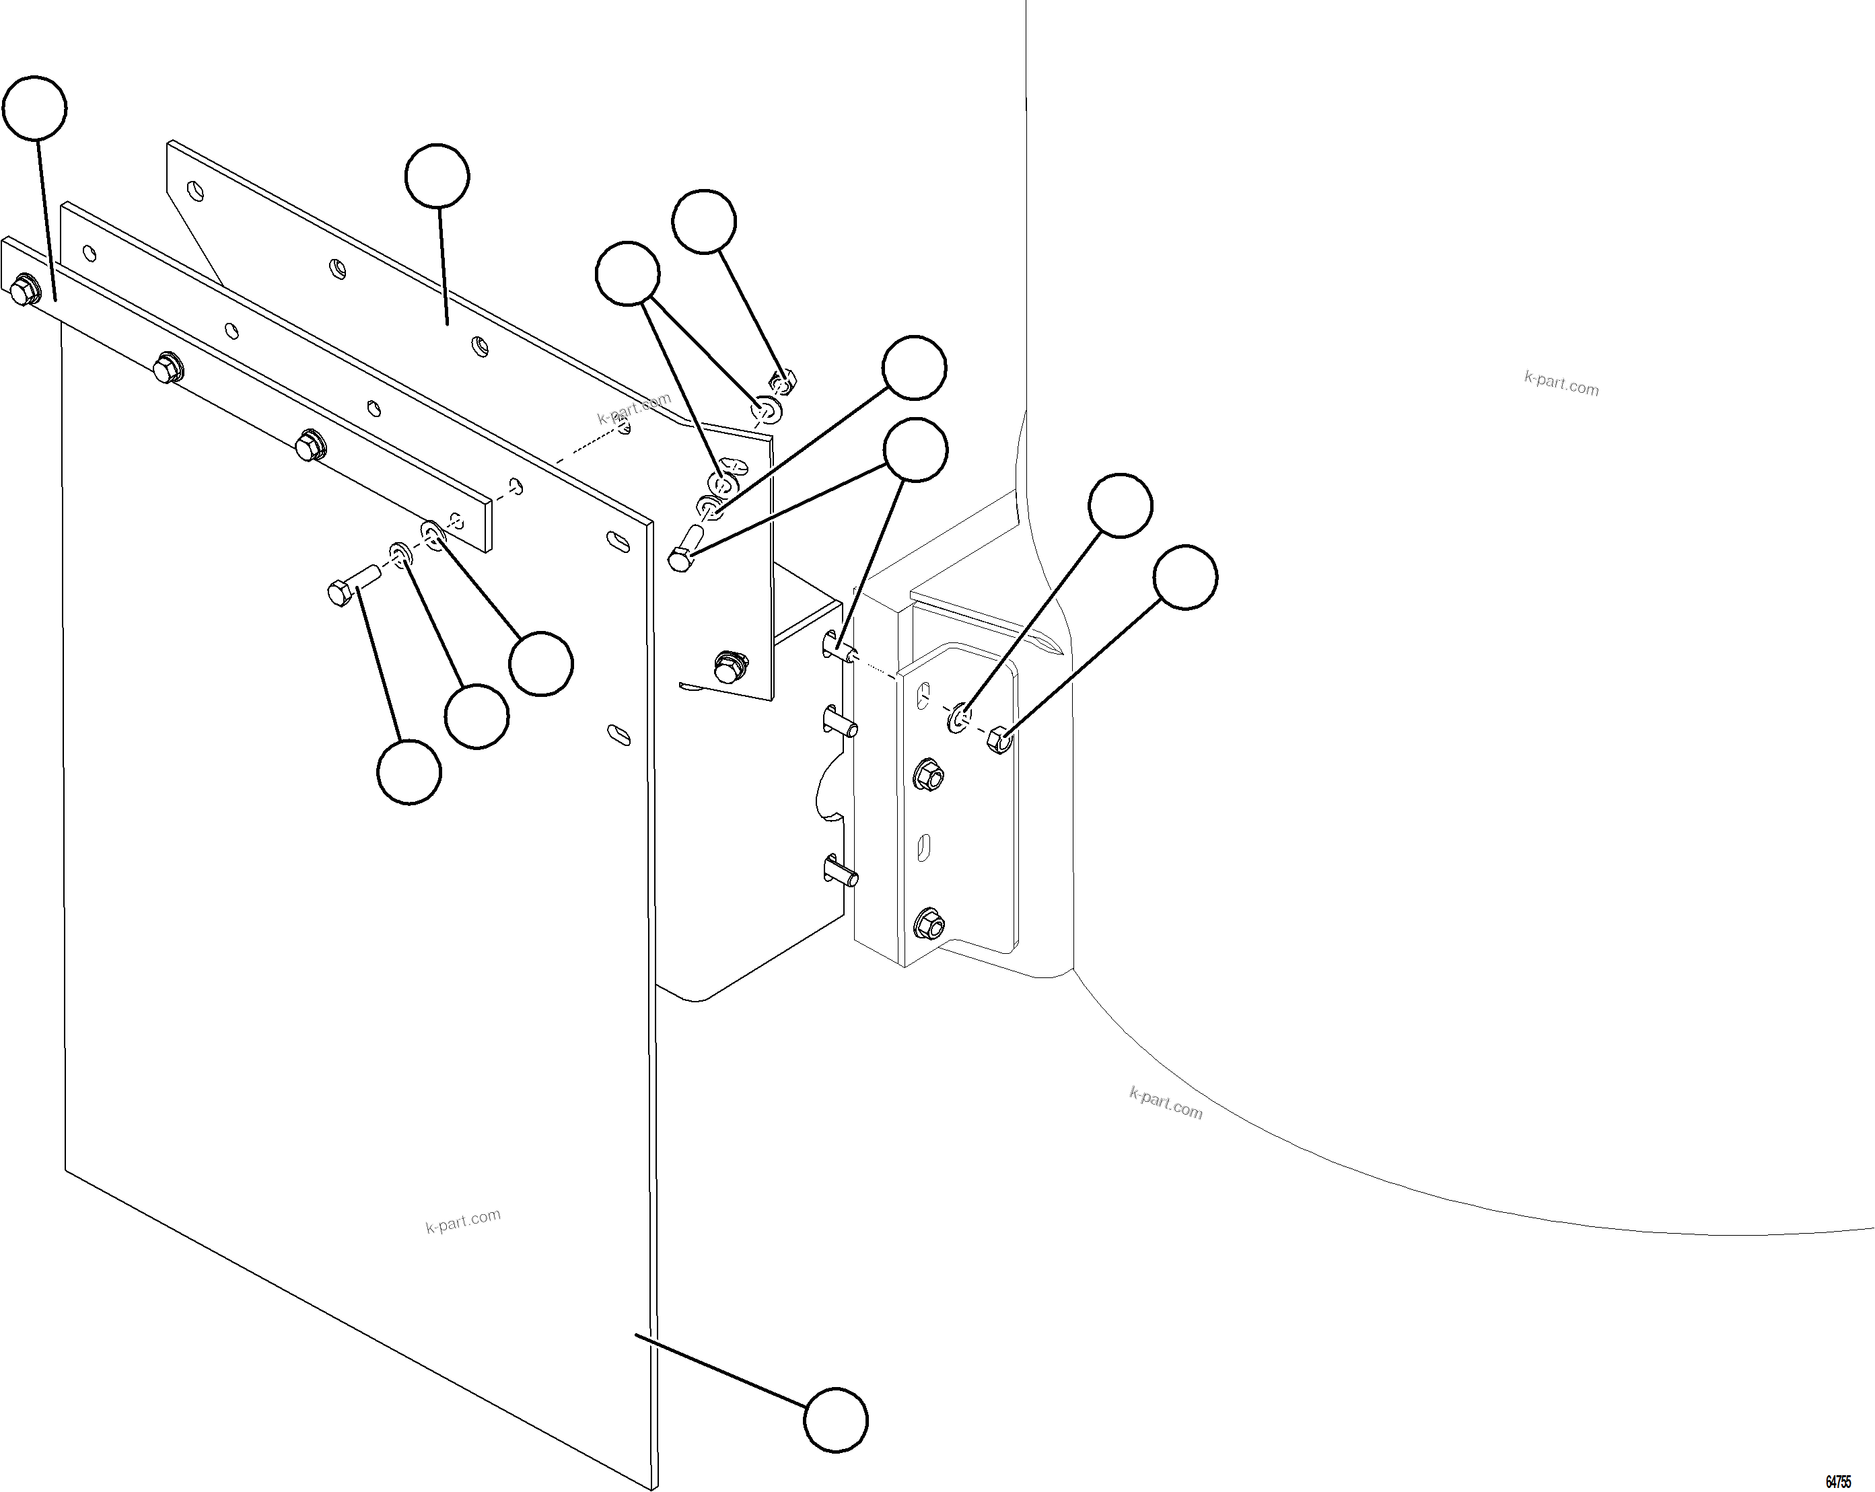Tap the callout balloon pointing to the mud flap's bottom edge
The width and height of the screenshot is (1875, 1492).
tap(836, 1420)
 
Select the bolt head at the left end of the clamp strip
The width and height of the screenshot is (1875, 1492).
tap(24, 291)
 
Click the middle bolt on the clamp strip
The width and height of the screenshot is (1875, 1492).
tap(167, 368)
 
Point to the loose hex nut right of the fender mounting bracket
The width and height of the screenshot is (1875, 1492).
tap(1000, 740)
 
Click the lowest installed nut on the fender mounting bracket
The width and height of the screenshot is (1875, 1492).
tap(929, 924)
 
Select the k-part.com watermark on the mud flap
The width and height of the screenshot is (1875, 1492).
tap(462, 1221)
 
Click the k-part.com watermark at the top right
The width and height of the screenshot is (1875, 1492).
tap(1561, 383)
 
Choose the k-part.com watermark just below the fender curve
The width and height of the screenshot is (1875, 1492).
tap(1166, 1103)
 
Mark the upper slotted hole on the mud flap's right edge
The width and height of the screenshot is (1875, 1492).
tap(617, 541)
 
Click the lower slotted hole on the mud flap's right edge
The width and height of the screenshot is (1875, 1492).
tap(618, 734)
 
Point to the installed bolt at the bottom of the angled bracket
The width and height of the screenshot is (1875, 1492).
tap(730, 666)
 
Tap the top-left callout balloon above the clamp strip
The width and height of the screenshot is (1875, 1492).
tap(35, 108)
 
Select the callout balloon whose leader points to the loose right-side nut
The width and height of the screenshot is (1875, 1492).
tap(1185, 577)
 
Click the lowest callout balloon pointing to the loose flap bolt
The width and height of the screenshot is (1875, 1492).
tap(409, 772)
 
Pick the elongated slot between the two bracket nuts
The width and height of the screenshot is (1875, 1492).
tap(925, 848)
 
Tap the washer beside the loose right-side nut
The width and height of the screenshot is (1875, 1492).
tap(959, 719)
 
